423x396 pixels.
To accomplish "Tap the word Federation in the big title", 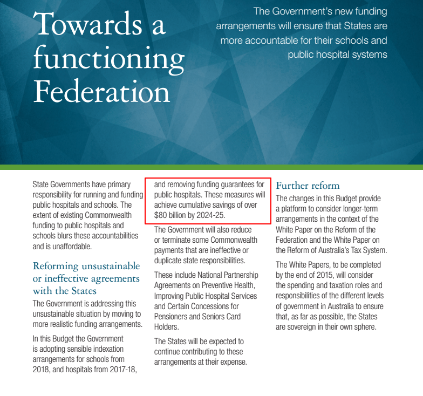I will [x=101, y=92].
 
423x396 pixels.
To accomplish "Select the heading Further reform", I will [x=308, y=186].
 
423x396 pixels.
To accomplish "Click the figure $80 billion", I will [x=169, y=215].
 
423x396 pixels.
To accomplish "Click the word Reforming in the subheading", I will [x=60, y=266].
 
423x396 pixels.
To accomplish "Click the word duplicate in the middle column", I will [x=170, y=261].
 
